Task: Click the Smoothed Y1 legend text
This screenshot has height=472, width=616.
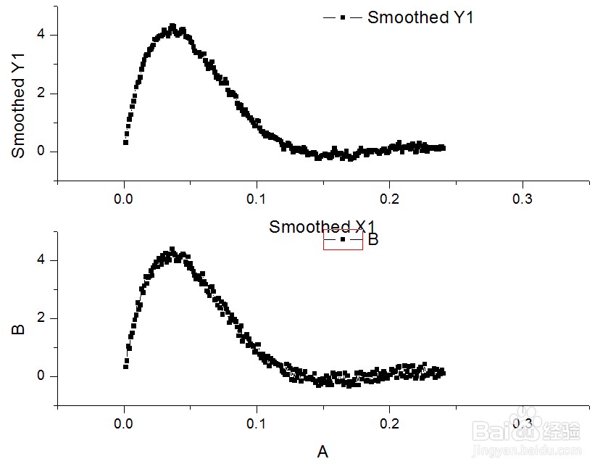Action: pyautogui.click(x=420, y=17)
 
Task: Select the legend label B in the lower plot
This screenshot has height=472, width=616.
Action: pyautogui.click(x=373, y=239)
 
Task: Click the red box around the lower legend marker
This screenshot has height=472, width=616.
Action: pyautogui.click(x=343, y=239)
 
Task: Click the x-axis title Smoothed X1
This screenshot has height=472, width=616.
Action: pyautogui.click(x=322, y=227)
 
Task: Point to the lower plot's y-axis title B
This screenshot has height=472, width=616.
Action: pyautogui.click(x=19, y=329)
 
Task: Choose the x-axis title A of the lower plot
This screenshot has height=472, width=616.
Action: pyautogui.click(x=322, y=452)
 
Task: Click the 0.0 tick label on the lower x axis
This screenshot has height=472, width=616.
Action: pyautogui.click(x=124, y=423)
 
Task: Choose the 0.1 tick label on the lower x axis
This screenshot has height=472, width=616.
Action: pyautogui.click(x=257, y=423)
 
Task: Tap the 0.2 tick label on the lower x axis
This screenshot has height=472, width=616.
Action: pyautogui.click(x=390, y=423)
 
